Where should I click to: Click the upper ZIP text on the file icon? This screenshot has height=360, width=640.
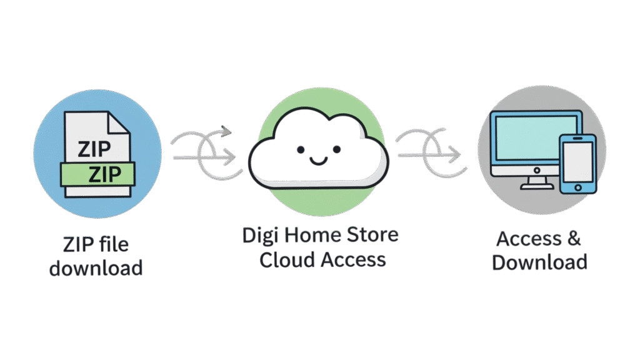click(x=92, y=149)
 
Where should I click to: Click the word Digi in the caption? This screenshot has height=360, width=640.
click(x=264, y=237)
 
